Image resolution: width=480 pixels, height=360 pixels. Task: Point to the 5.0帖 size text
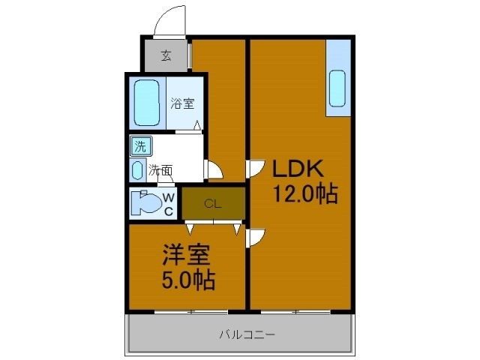[x=188, y=281]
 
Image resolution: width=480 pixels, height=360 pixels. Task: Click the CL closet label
[x=213, y=202]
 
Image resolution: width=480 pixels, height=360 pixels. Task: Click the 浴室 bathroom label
[x=182, y=103]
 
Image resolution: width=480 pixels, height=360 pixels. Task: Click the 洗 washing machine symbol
[x=140, y=145]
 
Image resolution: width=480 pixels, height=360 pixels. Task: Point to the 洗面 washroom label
[x=160, y=169]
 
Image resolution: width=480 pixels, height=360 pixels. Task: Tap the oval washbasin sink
[x=138, y=169]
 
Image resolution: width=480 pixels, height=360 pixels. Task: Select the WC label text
[x=169, y=204]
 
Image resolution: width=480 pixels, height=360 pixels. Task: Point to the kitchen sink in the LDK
[x=337, y=88]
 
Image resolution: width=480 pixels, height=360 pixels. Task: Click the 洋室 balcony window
[x=191, y=310]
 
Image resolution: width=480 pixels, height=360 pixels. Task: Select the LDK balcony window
[x=298, y=310]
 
